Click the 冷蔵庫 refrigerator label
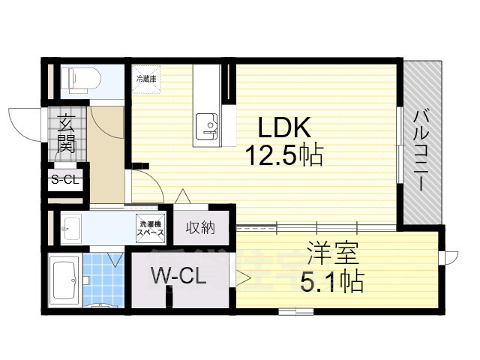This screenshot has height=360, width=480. tap(145, 78)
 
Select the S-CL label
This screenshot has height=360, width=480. tap(65, 179)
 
